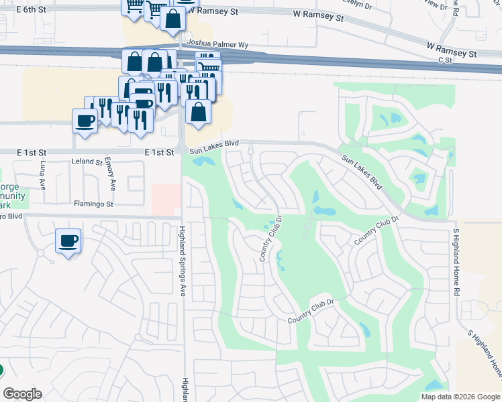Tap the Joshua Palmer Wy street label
pyautogui.click(x=218, y=44)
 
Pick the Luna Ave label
pyautogui.click(x=42, y=176)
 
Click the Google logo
pyautogui.click(x=22, y=394)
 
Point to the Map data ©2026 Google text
pyautogui.click(x=460, y=397)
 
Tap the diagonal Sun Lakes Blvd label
pyautogui.click(x=362, y=172)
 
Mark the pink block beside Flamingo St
pyautogui.click(x=166, y=199)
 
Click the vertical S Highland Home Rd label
pyautogui.click(x=456, y=262)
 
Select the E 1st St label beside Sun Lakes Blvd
pyautogui.click(x=159, y=152)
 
